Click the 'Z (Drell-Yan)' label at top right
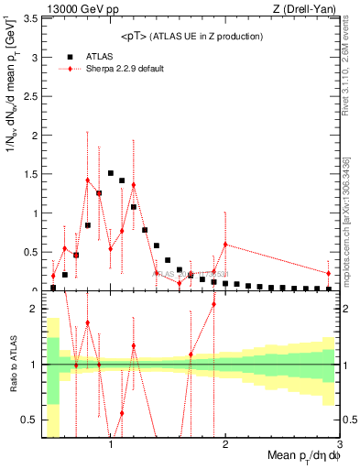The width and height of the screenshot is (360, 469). click(306, 8)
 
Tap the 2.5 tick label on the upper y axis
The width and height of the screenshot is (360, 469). click(29, 96)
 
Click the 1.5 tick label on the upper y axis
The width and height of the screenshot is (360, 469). click(29, 174)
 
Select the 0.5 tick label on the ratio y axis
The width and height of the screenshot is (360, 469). click(29, 420)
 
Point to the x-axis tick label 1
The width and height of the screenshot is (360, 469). click(111, 443)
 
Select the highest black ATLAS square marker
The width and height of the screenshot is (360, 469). click(111, 172)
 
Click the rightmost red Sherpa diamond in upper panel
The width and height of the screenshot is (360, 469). click(329, 273)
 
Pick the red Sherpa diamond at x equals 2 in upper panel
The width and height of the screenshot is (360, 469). click(225, 245)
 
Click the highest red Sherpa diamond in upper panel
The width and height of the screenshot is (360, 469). click(88, 180)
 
